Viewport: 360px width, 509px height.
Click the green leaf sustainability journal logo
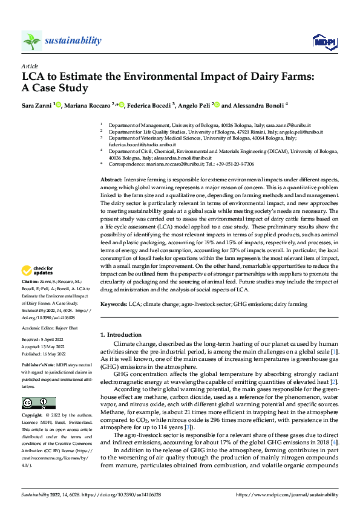click(32, 41)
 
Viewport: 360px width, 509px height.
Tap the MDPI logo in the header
click(323, 41)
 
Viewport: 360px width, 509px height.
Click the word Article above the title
click(30, 66)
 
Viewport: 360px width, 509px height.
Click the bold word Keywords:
click(113, 305)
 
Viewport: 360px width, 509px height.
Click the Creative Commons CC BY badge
click(38, 403)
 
